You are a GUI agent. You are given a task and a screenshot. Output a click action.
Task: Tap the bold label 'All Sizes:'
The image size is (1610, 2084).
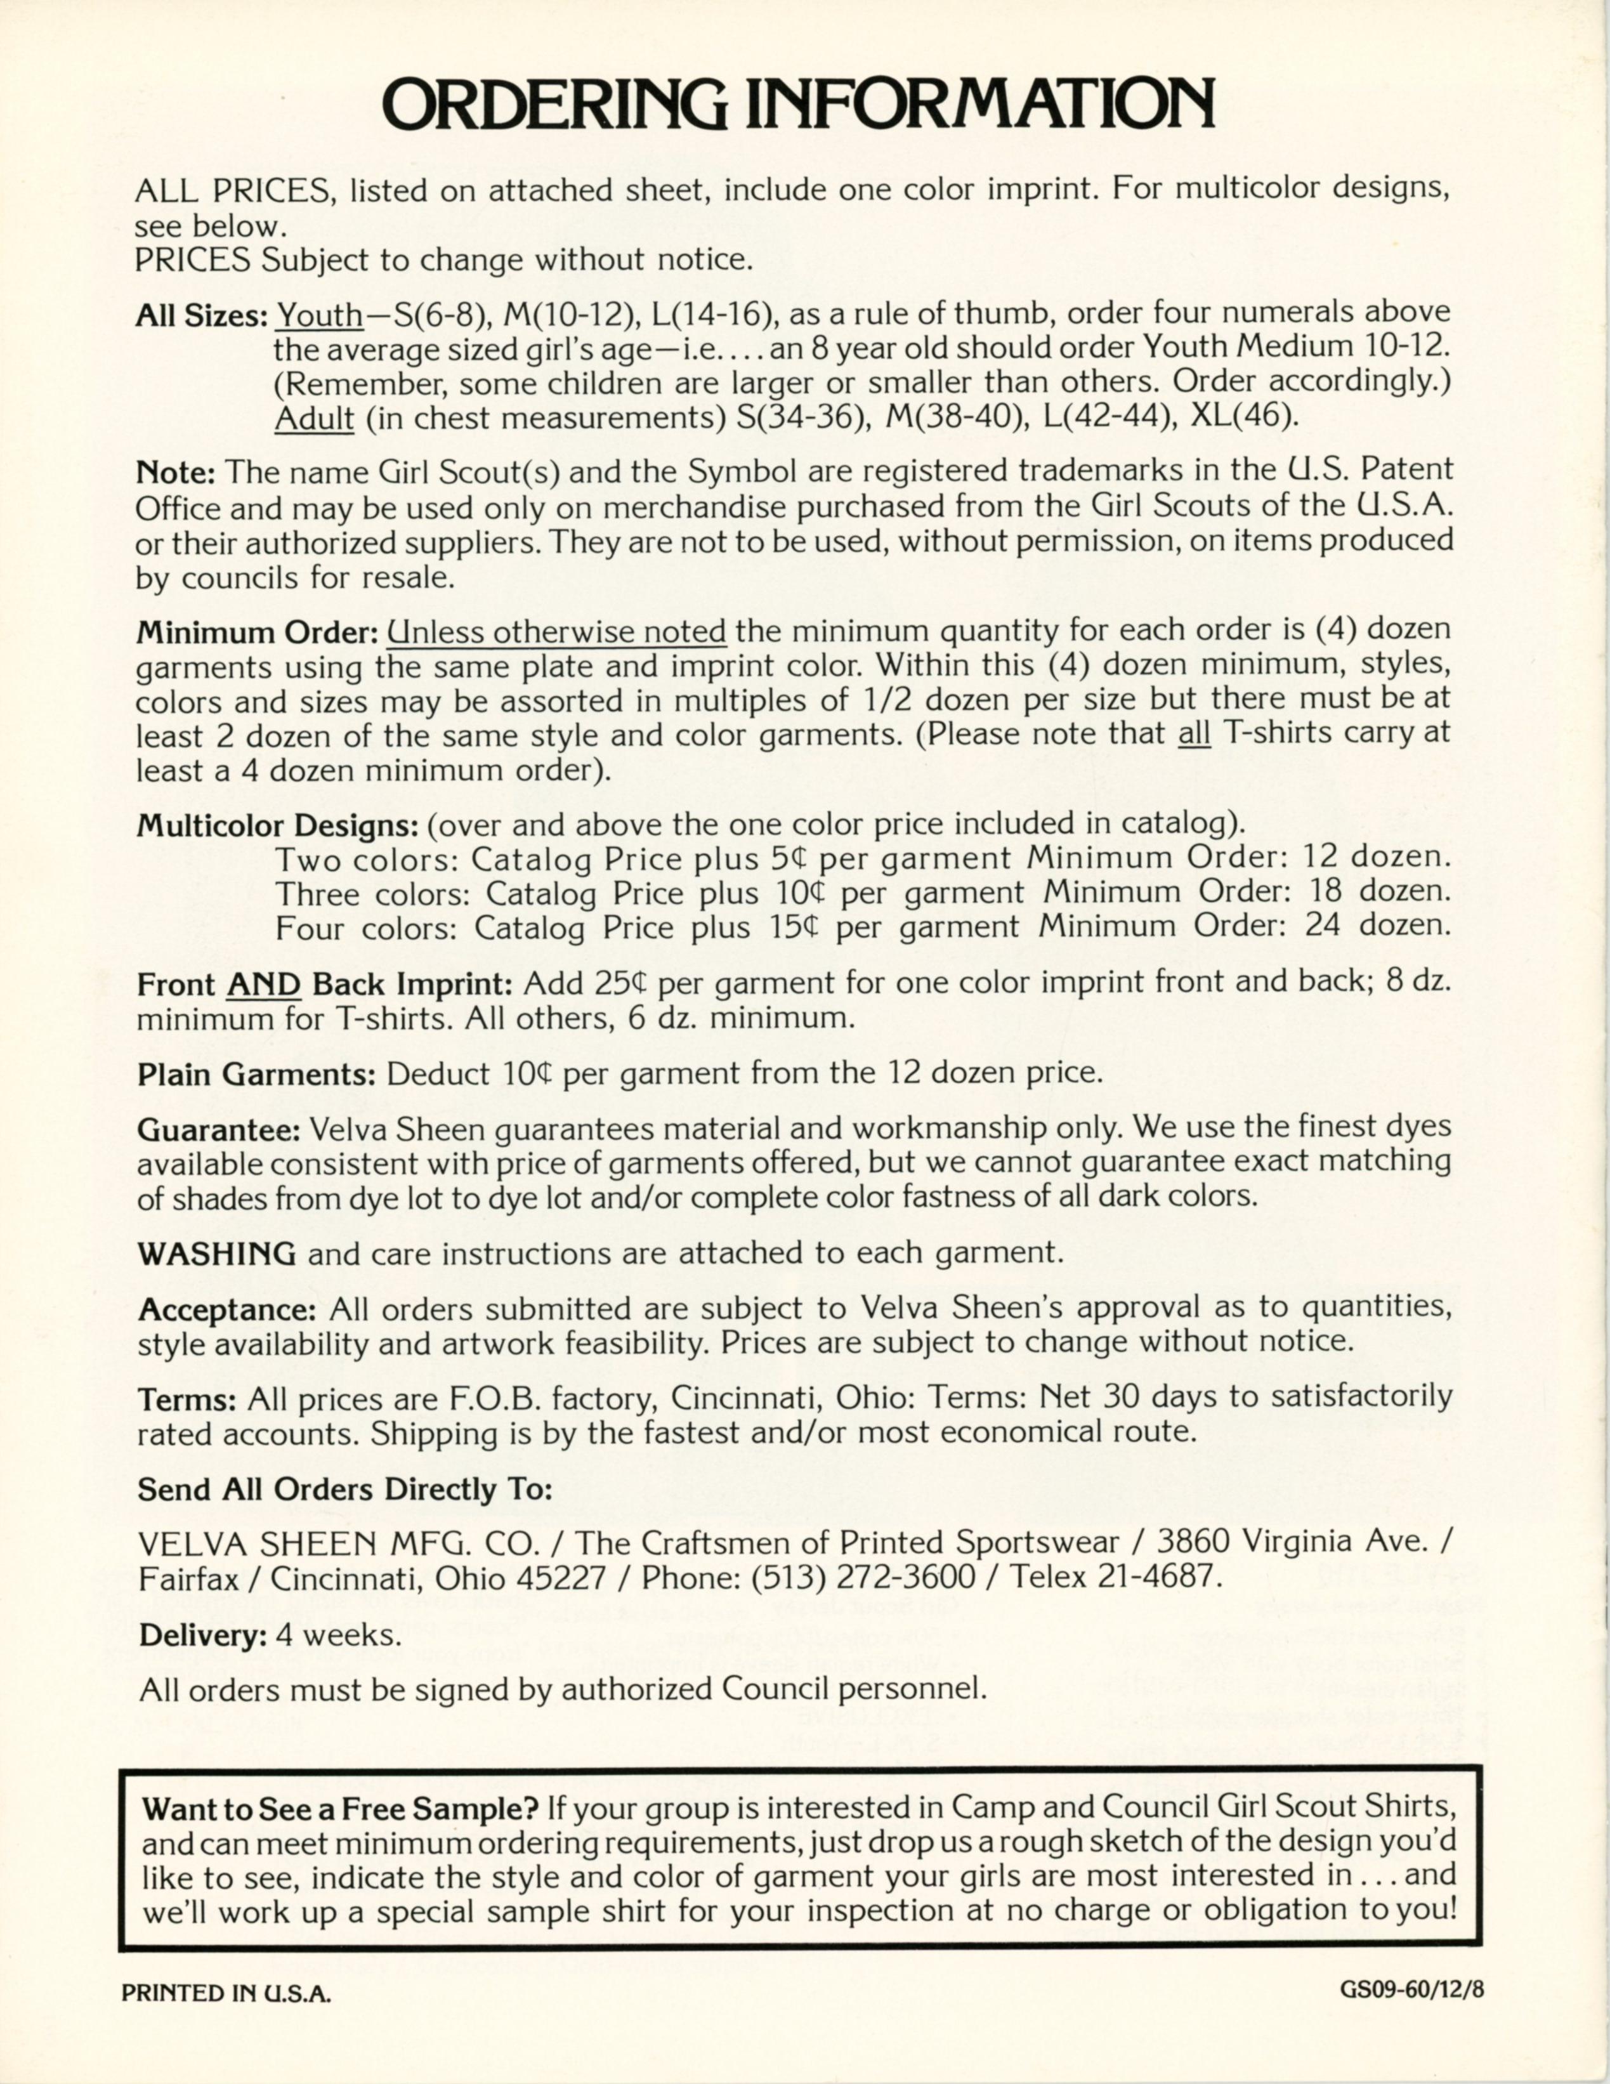tap(200, 315)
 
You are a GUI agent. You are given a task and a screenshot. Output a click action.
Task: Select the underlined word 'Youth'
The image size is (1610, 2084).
tap(318, 315)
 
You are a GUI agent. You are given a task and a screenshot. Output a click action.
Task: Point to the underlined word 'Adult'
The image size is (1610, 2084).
tap(314, 418)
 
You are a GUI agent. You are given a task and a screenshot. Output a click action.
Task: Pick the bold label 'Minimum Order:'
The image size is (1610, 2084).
tap(258, 632)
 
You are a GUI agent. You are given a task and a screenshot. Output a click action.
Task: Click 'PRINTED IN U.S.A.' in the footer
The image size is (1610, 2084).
tap(226, 1993)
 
